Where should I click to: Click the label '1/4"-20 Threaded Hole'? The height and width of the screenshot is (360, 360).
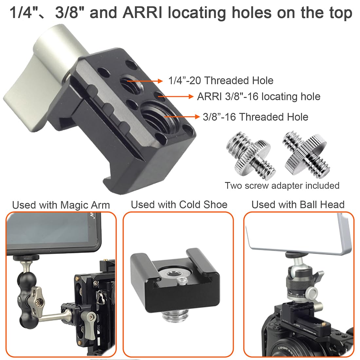tap(221, 81)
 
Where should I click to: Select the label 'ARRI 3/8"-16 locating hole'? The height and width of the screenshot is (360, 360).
tap(259, 97)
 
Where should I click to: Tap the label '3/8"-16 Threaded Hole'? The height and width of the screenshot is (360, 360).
tap(255, 117)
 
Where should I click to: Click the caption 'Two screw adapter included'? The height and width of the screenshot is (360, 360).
tap(282, 186)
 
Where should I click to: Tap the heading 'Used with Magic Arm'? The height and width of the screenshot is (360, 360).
tap(61, 205)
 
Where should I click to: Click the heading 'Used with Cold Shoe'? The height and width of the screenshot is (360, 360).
tap(179, 205)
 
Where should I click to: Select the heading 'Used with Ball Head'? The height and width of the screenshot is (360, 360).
tap(298, 205)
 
